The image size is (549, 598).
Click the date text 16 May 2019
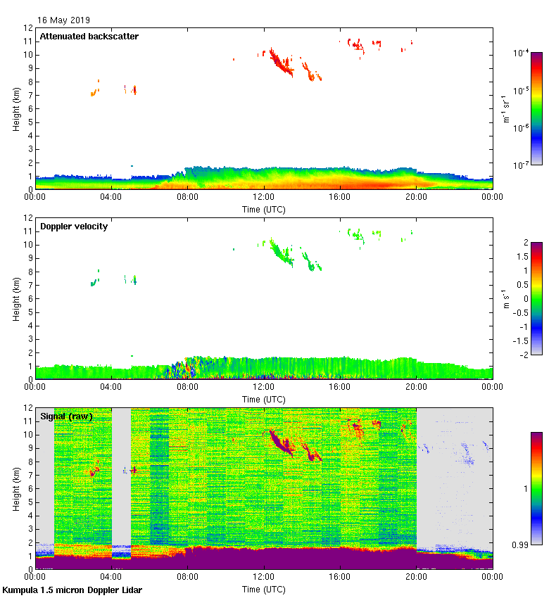[63, 20]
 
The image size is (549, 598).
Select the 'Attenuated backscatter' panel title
[89, 36]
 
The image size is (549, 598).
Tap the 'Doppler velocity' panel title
[74, 227]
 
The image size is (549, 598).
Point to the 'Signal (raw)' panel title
[66, 416]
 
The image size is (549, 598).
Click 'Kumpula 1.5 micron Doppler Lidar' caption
[72, 590]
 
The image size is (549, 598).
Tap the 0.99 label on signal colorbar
[521, 545]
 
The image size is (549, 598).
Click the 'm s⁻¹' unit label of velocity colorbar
[506, 298]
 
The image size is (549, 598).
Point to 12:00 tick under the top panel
[264, 196]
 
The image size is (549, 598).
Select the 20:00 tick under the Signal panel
[416, 576]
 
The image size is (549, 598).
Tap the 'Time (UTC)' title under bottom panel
[264, 589]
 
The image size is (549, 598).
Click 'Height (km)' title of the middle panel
[16, 299]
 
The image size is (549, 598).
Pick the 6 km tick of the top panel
[29, 108]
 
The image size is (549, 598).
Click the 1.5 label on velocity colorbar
[521, 257]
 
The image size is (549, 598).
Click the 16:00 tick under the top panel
[340, 196]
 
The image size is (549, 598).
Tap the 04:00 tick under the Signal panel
[112, 576]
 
